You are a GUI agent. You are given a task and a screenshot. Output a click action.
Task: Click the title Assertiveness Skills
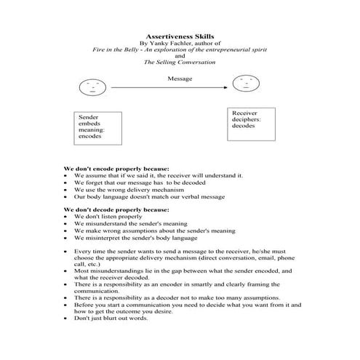tap(180, 34)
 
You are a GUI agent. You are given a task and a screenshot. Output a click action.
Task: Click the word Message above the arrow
tap(180, 78)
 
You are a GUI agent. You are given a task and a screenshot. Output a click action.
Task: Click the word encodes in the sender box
tap(92, 137)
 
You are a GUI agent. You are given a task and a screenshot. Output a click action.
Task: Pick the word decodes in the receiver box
tap(244, 127)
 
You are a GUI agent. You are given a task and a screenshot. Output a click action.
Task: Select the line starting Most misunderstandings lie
tap(175, 271)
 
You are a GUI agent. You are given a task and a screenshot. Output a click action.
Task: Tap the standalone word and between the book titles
tap(180, 57)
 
